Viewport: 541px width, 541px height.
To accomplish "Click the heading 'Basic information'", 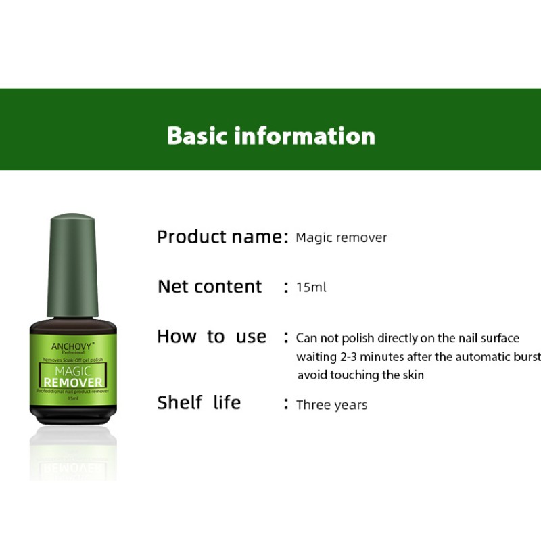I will click(x=270, y=135).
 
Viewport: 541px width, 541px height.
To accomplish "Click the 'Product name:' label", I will click(x=222, y=237).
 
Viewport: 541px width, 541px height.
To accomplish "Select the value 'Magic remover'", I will click(x=342, y=238).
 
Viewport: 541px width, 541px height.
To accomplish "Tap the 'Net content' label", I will click(x=210, y=287).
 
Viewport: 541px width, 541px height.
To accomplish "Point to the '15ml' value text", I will click(x=311, y=287).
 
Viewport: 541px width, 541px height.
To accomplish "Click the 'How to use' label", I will click(x=212, y=337).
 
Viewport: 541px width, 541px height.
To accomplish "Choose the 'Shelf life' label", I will click(x=199, y=403).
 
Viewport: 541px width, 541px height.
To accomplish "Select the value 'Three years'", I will click(x=332, y=405).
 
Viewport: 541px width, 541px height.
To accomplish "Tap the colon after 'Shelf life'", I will click(x=287, y=404).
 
